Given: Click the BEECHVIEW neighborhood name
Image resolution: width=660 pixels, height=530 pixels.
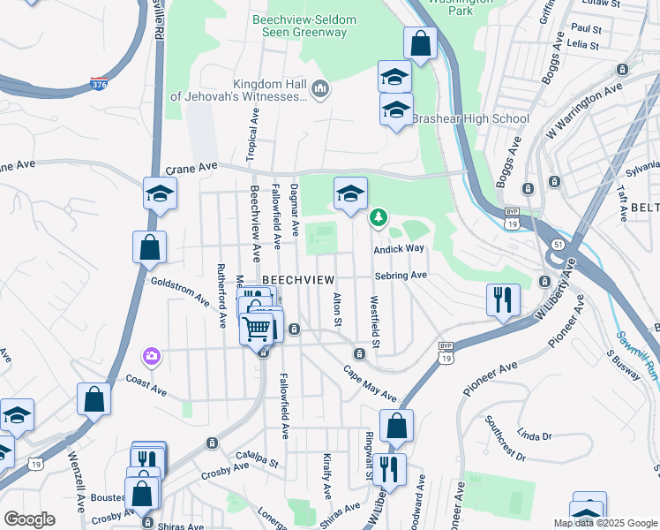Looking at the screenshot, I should [x=299, y=278].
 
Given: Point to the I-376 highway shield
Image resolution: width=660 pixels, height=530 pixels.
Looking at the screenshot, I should [x=100, y=84].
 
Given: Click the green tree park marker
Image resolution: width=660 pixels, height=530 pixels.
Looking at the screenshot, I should [x=379, y=216].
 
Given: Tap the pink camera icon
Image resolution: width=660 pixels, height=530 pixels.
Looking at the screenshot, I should [x=152, y=356].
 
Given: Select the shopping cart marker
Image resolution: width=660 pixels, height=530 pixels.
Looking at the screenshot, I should [x=258, y=328].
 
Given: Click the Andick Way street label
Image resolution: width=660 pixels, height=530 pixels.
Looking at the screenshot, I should [x=399, y=250].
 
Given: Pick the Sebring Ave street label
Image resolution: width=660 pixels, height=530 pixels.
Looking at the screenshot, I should [x=401, y=276].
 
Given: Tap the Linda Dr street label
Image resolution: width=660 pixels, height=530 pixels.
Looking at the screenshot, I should [x=534, y=436].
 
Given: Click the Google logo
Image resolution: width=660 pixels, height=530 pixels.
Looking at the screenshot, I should [x=29, y=519].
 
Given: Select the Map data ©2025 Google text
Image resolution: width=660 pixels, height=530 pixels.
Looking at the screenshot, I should [x=605, y=523].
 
